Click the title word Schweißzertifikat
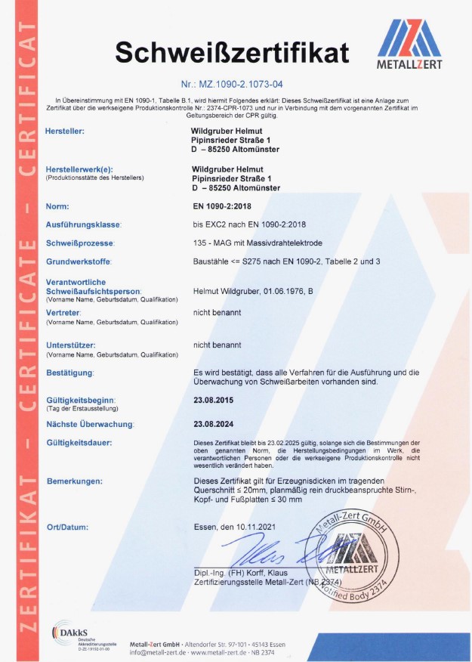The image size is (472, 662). pos(232,52)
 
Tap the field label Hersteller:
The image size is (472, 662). pos(65,131)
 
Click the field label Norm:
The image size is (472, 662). pos(57,206)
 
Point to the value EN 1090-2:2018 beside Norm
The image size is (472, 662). pos(225,206)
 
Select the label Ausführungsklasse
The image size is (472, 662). pos(83,224)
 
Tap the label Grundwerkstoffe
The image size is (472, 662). pos(79,261)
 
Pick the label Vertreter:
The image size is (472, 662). pos(63,311)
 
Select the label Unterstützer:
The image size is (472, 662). pos(70,345)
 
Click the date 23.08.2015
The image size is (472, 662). pos(214,401)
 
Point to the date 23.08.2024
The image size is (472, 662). pos(214,425)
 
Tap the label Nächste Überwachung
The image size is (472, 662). pos(90,425)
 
